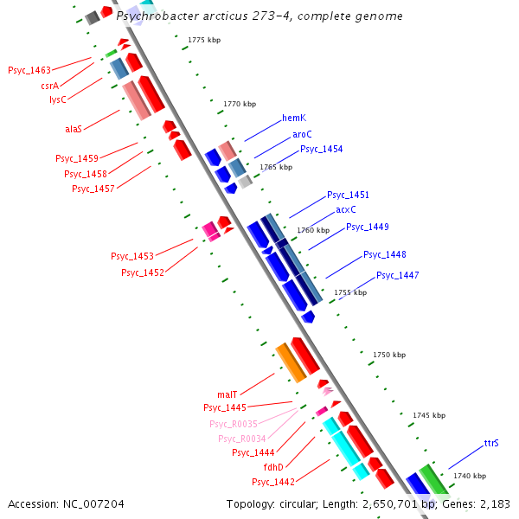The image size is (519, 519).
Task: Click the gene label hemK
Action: point(294,119)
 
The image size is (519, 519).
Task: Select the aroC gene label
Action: point(302,134)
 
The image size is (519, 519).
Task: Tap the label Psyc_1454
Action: point(321,149)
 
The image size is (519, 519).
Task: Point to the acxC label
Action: point(346,209)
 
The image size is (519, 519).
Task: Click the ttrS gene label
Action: point(491,443)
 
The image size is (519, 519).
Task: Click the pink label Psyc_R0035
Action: point(234,424)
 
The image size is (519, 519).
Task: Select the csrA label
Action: point(49,86)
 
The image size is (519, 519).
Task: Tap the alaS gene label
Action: point(74,129)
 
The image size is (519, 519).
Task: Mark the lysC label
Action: point(57,99)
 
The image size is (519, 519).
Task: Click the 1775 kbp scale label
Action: point(204,40)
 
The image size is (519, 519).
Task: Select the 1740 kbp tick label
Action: point(470,476)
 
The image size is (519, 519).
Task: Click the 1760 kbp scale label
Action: point(313,230)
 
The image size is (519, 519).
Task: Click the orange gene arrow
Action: point(291,362)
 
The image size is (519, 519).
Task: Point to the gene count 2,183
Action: point(496,503)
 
